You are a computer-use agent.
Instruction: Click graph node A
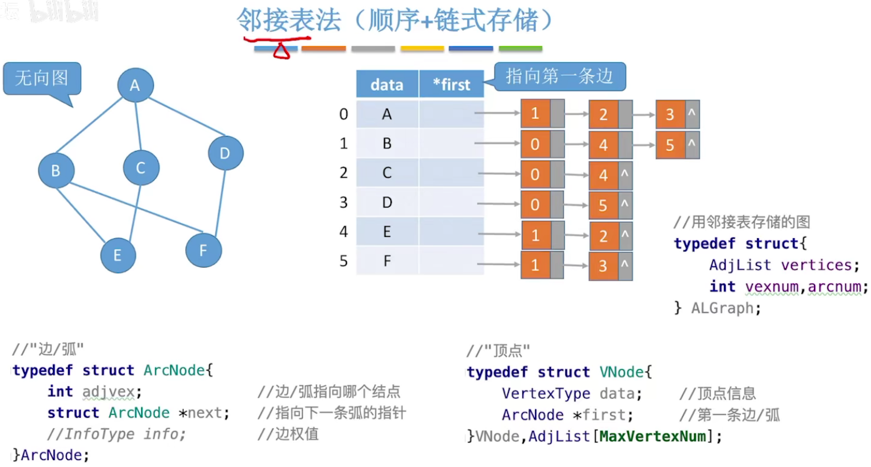click(x=135, y=86)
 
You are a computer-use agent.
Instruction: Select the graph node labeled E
click(x=118, y=255)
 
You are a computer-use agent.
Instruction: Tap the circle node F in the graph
click(x=203, y=250)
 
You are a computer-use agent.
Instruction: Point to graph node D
click(x=225, y=153)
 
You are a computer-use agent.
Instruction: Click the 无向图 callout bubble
click(x=42, y=78)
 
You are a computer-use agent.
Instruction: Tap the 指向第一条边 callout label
click(x=559, y=76)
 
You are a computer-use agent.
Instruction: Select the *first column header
click(x=451, y=85)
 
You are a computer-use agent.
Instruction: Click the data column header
click(x=387, y=85)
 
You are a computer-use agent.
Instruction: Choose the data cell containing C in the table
click(x=387, y=173)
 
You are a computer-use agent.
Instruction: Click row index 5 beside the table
click(x=343, y=261)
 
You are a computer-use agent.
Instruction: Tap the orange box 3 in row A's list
click(x=671, y=114)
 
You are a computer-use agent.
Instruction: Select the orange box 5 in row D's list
click(x=603, y=205)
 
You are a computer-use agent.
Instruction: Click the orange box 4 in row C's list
click(x=603, y=175)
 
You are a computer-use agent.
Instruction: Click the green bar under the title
click(x=520, y=49)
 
